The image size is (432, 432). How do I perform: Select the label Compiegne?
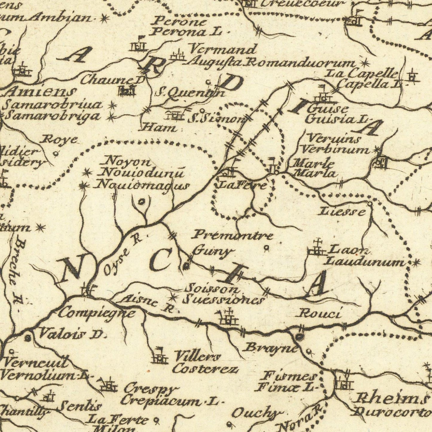click(96, 313)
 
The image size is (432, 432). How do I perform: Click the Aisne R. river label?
click(148, 303)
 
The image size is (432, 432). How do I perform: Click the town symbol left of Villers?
click(159, 357)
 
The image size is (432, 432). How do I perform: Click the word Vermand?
click(223, 49)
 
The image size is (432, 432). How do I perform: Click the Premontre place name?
click(232, 235)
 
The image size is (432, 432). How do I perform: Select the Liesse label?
click(342, 212)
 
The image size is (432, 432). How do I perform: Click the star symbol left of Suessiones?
click(173, 297)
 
